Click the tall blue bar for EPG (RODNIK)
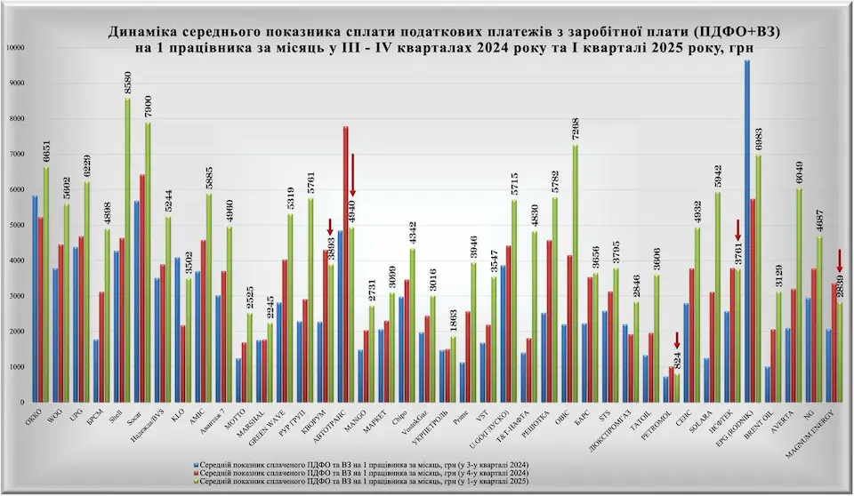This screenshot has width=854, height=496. pos(747,231)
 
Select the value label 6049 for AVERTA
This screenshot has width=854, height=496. pos(800,170)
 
